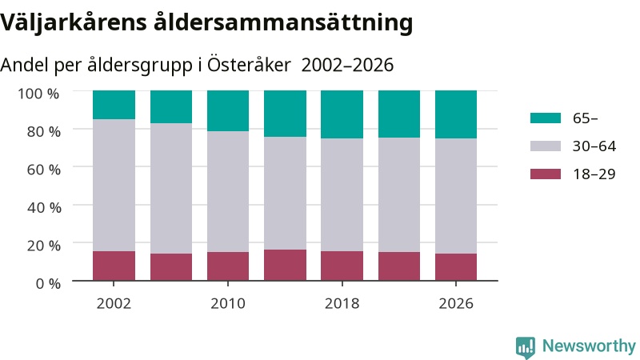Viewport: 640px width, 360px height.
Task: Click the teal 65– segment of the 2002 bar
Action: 114,105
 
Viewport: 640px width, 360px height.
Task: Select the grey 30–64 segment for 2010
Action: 228,191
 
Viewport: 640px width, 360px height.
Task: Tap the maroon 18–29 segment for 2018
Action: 342,266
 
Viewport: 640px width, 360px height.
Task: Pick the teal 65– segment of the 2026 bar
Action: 456,114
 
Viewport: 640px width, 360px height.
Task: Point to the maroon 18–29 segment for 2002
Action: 114,266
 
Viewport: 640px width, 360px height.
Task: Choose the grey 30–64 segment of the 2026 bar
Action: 456,196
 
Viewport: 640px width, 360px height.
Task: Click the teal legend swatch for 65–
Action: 546,118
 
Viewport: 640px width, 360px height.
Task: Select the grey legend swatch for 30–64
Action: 546,146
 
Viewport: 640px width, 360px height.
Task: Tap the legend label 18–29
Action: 594,174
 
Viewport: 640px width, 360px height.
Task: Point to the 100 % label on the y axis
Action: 38,94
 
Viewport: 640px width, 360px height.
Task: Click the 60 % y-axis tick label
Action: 44,170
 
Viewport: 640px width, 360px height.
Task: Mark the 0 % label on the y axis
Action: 48,283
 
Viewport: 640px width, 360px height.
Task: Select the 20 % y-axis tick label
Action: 44,246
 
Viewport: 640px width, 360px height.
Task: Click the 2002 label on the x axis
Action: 114,304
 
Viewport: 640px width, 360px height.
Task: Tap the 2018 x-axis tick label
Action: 342,304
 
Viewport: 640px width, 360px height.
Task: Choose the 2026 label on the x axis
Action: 456,304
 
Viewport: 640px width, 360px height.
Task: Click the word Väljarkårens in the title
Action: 74,22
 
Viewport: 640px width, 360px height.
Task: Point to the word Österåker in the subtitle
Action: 250,65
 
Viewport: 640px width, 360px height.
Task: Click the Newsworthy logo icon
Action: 526,347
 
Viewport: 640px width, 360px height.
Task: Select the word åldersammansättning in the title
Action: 283,22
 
